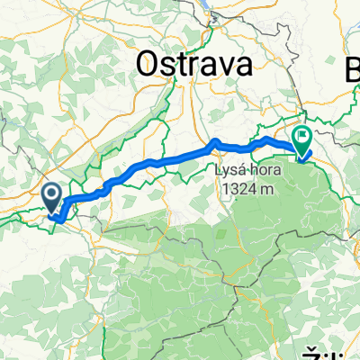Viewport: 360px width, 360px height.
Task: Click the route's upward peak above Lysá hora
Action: click(x=215, y=141)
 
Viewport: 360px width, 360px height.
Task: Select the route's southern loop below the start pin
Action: click(x=58, y=216)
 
